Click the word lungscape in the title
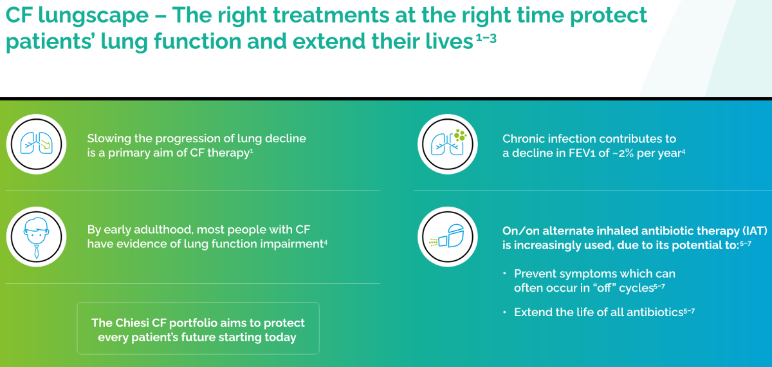(x=93, y=16)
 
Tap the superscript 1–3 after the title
(x=486, y=38)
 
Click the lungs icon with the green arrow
(x=36, y=144)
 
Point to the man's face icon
(x=36, y=238)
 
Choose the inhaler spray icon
(x=447, y=236)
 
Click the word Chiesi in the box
(x=132, y=323)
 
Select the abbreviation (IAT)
(x=755, y=231)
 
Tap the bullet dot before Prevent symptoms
(x=504, y=273)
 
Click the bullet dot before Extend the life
(x=504, y=312)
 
